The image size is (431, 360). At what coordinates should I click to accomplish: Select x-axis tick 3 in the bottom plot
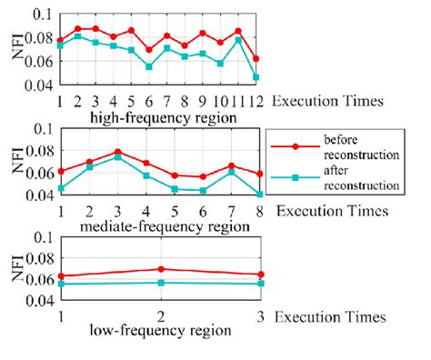point(261,317)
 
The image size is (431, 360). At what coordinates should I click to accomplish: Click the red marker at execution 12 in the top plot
point(256,58)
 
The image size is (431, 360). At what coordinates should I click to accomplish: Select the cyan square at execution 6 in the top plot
point(148,66)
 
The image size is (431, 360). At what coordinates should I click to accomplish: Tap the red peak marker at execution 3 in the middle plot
point(117,152)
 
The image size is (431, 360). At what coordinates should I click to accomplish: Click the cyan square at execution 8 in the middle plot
point(260,194)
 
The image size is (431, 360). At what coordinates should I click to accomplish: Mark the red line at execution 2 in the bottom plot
point(161,269)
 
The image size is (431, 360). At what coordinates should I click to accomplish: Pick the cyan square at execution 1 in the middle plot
point(60,188)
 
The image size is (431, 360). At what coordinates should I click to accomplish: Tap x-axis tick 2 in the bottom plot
point(161,317)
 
